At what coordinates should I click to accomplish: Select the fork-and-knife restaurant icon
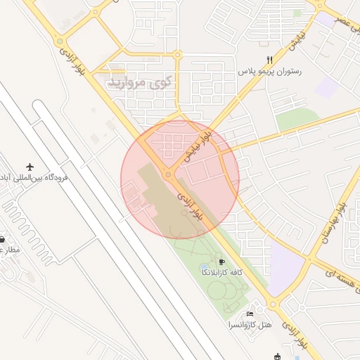[269, 60]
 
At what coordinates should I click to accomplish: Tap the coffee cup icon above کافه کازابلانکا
[222, 262]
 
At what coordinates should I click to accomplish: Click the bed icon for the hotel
[250, 314]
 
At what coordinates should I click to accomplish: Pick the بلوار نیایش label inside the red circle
[197, 146]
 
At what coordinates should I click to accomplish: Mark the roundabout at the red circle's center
[169, 174]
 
